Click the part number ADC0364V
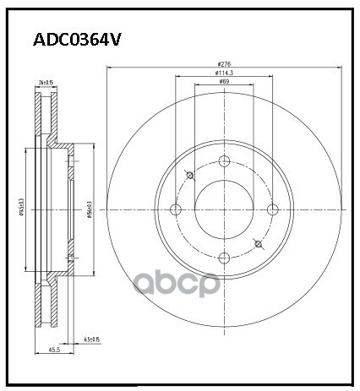pos(77,40)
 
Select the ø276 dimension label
pos(224,65)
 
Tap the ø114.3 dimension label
pos(224,73)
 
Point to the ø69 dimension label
pos(224,82)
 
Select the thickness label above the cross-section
pos(46,82)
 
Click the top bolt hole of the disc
pos(224,163)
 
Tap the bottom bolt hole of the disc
pos(224,258)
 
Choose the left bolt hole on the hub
pos(176,210)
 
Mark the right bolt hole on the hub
pos(272,210)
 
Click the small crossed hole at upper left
pos(189,176)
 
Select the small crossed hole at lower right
pos(259,246)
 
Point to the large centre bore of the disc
pos(224,210)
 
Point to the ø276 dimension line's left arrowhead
pos(109,70)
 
